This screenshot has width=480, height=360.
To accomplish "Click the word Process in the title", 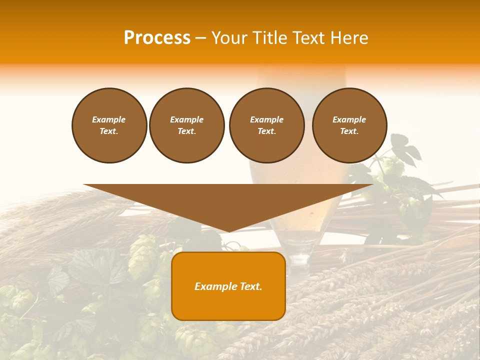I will coord(157,38).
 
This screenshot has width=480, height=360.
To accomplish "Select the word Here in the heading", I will coord(350,38).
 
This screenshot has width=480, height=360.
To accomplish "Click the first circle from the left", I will coord(109,125).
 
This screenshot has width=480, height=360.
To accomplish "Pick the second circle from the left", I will coord(186,125).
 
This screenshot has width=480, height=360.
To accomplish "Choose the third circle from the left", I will coord(266,125).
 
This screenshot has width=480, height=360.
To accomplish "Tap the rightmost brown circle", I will coord(349,125).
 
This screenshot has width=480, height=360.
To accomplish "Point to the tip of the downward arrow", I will coord(228,231).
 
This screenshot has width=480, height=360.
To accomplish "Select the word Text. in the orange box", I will coord(250,286).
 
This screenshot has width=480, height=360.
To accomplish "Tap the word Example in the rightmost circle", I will coord(349,119).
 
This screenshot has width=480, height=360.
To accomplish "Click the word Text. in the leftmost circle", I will coord(109,131).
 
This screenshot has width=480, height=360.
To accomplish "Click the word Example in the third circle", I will coord(266,119).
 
